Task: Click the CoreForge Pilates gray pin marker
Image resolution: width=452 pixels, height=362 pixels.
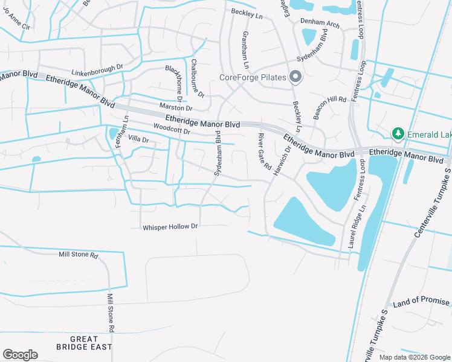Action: [x=295, y=77]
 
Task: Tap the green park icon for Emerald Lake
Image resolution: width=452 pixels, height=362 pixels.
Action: [x=398, y=132]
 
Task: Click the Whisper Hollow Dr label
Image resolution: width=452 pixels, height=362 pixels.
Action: [x=170, y=227]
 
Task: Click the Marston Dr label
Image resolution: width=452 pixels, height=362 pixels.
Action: [x=175, y=107]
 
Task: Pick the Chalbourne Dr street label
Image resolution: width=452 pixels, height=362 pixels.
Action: [x=198, y=78]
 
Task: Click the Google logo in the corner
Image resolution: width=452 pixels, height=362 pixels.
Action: [x=20, y=355]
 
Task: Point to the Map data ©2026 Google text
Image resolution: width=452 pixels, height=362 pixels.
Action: [x=415, y=357]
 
